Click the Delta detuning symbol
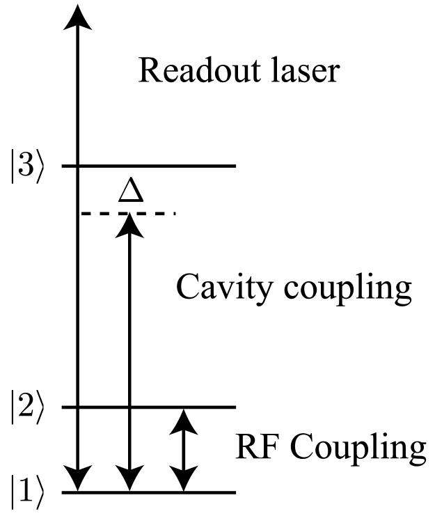pyautogui.click(x=130, y=190)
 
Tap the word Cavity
pyautogui.click(x=219, y=287)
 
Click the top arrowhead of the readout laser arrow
pyautogui.click(x=78, y=15)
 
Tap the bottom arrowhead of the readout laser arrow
pyautogui.click(x=78, y=480)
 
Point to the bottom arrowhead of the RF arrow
pyautogui.click(x=183, y=480)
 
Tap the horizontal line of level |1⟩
pyautogui.click(x=216, y=493)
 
